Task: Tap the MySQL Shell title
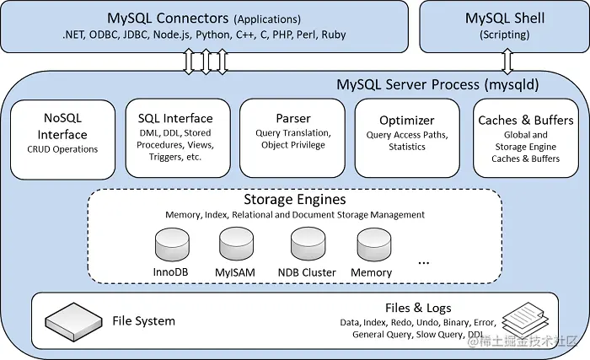coord(505,18)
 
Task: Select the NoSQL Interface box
coord(63,138)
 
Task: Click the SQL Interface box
coord(175,138)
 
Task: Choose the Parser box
coord(292,138)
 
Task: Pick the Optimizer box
coord(406,138)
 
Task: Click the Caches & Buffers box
coord(525,138)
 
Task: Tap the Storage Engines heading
coord(294,200)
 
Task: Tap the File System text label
coord(143,320)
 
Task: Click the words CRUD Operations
coord(63,149)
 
